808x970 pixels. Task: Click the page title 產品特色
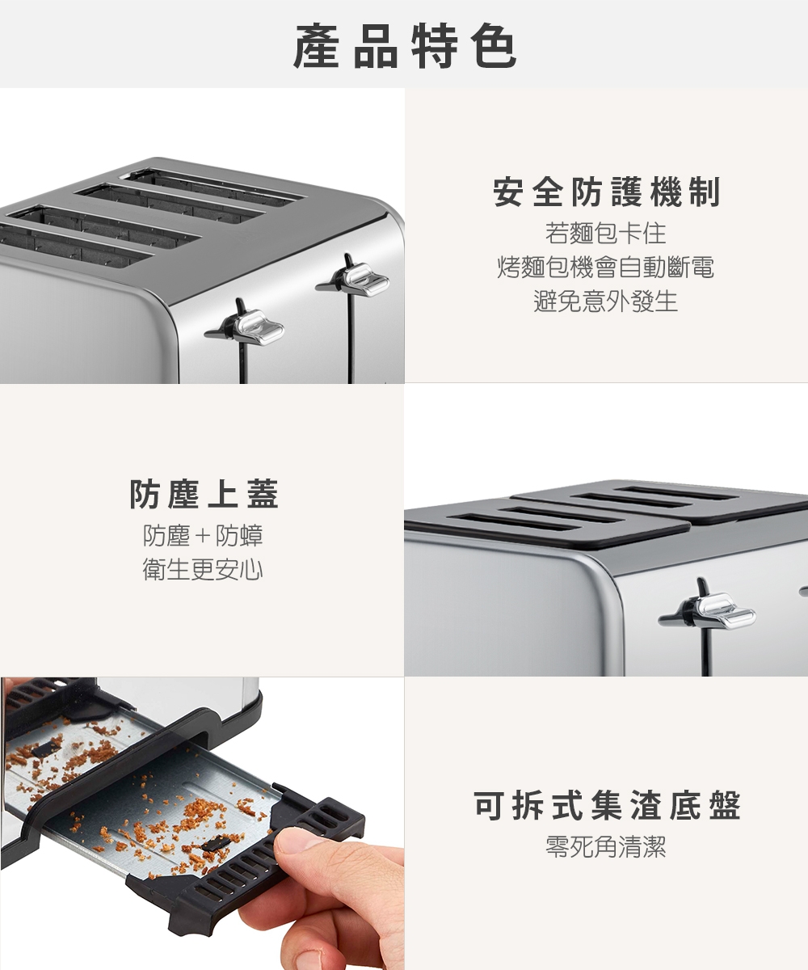(404, 45)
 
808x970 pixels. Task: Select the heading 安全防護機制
(606, 193)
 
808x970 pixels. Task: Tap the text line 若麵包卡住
(606, 234)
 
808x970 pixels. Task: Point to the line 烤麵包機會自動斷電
(606, 268)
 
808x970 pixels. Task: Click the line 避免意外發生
(606, 302)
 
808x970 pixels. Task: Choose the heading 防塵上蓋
(204, 495)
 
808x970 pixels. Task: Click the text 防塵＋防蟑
(203, 535)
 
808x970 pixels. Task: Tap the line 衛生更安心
(203, 571)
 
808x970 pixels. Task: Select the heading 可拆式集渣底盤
(607, 806)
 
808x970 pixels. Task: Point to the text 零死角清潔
(606, 847)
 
